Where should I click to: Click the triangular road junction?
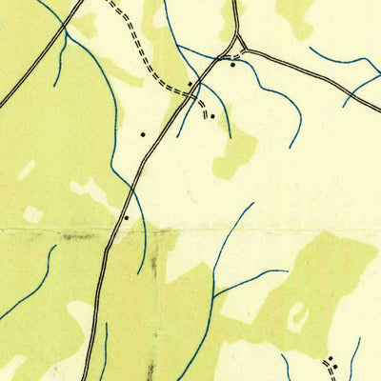[238, 46]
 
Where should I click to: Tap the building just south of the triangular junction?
[232, 65]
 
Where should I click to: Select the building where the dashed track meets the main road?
[190, 84]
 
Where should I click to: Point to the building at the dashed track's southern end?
[213, 116]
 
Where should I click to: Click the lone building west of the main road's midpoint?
[143, 134]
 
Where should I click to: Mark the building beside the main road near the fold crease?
[126, 217]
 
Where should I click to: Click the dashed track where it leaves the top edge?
[108, 3]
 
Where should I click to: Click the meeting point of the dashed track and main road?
[195, 92]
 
